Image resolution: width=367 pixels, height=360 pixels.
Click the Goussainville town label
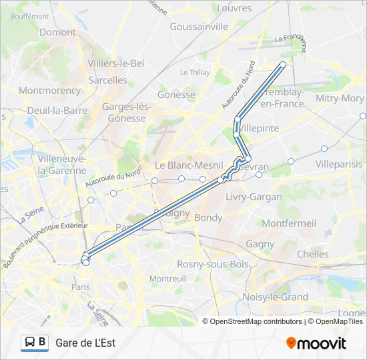[x=199, y=27]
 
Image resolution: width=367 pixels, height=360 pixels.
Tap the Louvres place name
[x=235, y=8]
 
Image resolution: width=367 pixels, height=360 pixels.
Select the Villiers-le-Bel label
[x=116, y=63]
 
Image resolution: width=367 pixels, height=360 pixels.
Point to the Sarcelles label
[x=107, y=80]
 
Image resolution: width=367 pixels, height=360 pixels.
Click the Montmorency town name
[x=49, y=90]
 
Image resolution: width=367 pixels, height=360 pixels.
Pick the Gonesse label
[x=176, y=95]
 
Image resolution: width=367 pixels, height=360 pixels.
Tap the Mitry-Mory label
[x=340, y=98]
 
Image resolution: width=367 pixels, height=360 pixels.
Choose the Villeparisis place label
[x=340, y=163]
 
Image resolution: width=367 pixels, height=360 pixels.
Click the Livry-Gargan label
[x=254, y=197]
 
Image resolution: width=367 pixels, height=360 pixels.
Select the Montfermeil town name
[x=290, y=223]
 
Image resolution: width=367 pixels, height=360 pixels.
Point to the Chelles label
[x=312, y=254]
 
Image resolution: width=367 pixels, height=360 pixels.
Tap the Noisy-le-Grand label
[x=276, y=297]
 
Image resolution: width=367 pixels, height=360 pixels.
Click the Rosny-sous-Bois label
[x=212, y=264]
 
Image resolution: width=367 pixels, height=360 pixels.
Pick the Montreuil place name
[x=167, y=278]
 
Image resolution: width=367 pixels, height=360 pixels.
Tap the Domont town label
[x=57, y=32]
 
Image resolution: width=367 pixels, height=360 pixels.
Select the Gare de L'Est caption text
[x=85, y=343]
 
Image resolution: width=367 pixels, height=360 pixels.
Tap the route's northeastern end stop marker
[x=283, y=65]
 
